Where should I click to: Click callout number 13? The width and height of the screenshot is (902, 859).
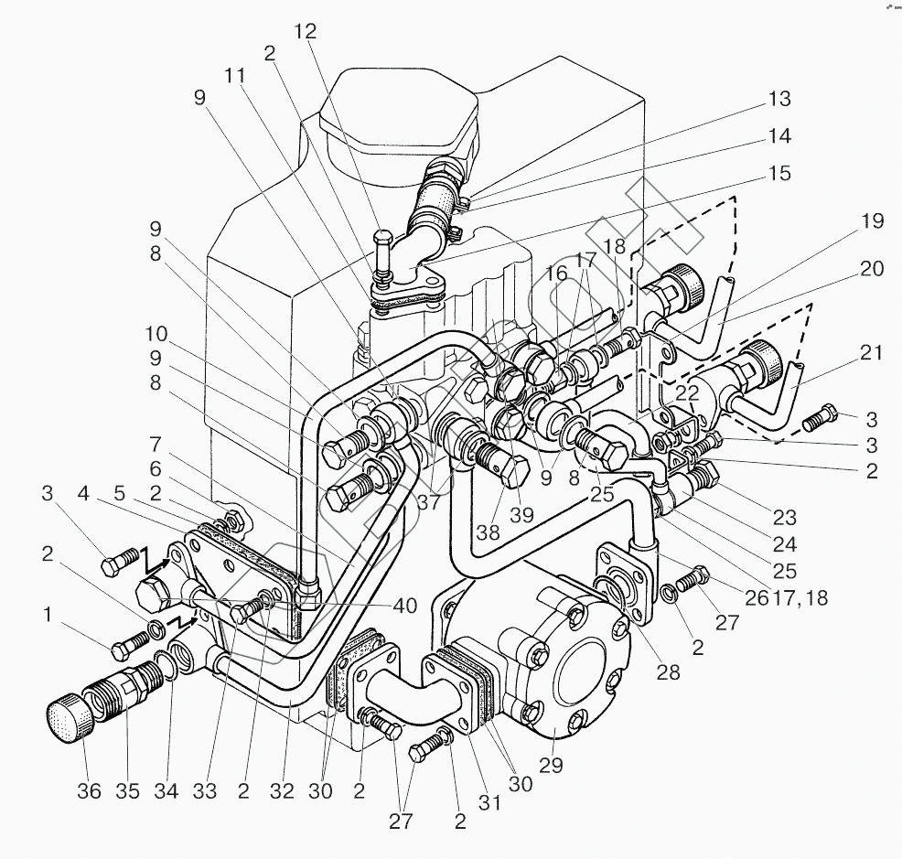pos(779,100)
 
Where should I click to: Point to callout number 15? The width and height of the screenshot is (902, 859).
pos(779,174)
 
